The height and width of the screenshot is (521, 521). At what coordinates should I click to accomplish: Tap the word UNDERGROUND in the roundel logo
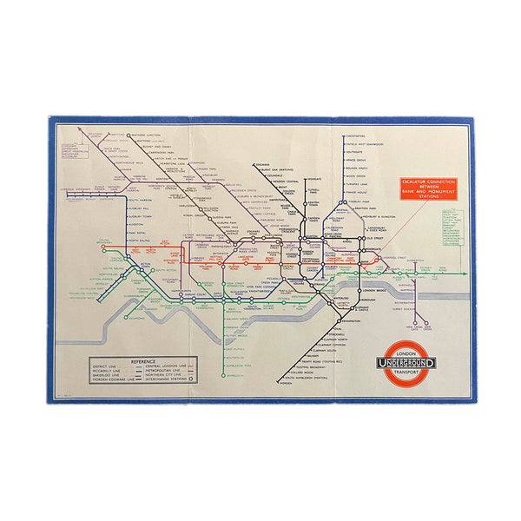[x=407, y=362]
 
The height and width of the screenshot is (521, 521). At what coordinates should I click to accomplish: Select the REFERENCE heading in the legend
[x=142, y=360]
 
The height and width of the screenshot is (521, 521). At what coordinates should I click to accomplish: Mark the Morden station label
[x=287, y=385]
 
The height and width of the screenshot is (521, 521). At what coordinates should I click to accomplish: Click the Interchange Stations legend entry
[x=183, y=379]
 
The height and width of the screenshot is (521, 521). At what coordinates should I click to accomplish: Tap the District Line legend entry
[x=113, y=366]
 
